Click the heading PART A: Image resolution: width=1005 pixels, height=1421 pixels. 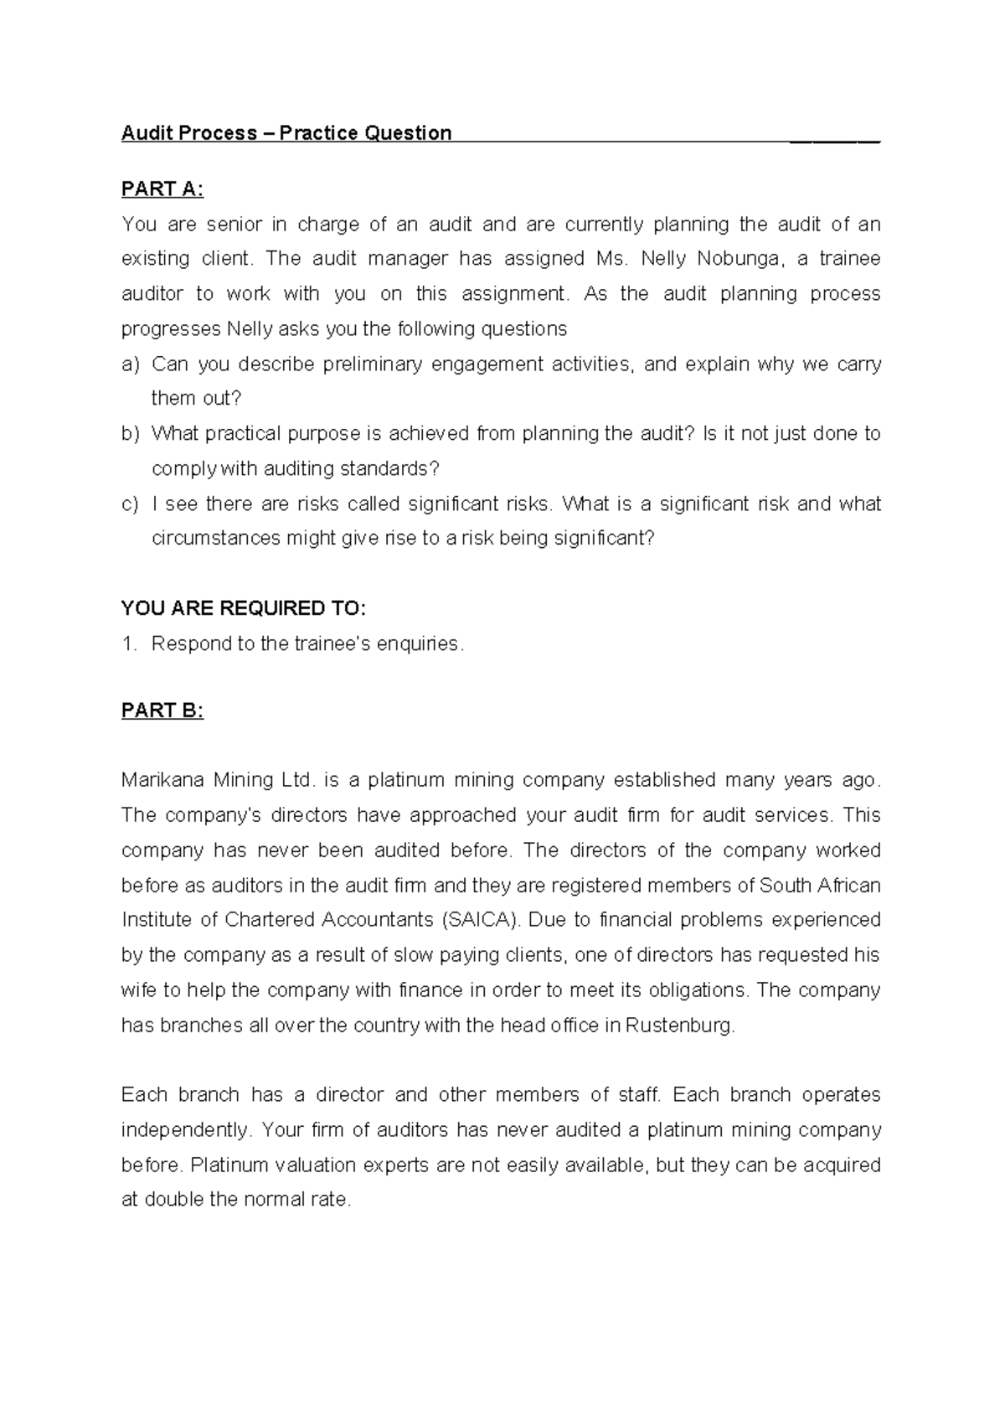[162, 189]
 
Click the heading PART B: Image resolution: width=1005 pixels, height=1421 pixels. [162, 710]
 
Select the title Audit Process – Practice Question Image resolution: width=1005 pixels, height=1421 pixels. [286, 133]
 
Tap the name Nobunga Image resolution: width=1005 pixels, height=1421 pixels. [742, 259]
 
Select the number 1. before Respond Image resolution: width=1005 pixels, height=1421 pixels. [128, 643]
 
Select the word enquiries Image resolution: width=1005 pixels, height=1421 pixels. [419, 643]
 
